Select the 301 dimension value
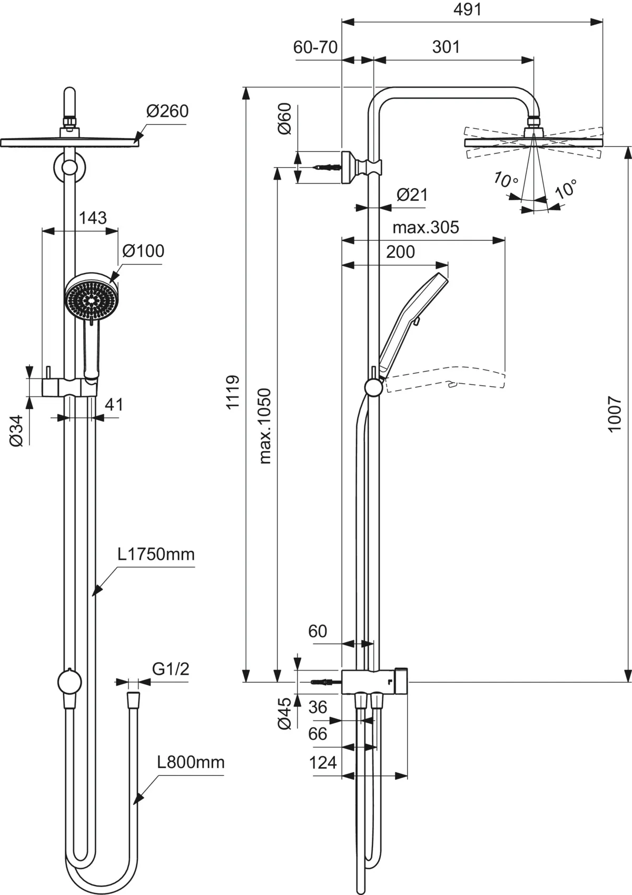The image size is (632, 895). (446, 47)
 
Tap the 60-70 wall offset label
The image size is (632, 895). (315, 47)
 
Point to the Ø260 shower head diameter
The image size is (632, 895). (167, 111)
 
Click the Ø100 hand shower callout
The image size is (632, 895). (143, 251)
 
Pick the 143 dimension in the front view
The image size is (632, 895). (93, 218)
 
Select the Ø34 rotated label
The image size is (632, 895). (17, 431)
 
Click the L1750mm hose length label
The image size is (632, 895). (156, 554)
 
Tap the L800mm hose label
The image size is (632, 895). (191, 762)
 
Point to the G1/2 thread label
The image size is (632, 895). (171, 669)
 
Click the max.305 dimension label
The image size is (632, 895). (426, 227)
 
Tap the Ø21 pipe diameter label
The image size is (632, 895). (412, 194)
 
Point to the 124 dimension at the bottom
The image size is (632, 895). (323, 762)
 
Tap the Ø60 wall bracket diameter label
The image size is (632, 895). (284, 119)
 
